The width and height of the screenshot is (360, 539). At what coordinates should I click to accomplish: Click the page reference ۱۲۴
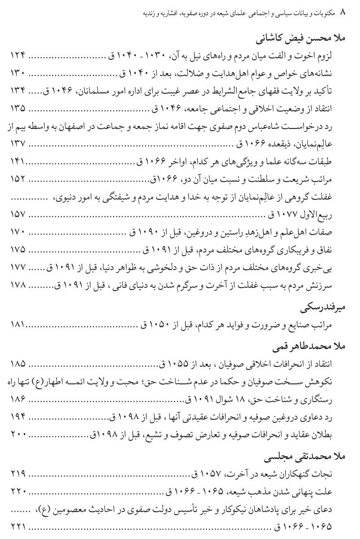click(x=18, y=55)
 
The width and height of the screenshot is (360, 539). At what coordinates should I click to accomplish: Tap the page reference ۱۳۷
click(x=18, y=143)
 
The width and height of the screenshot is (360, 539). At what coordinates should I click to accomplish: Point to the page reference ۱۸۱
click(x=18, y=324)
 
